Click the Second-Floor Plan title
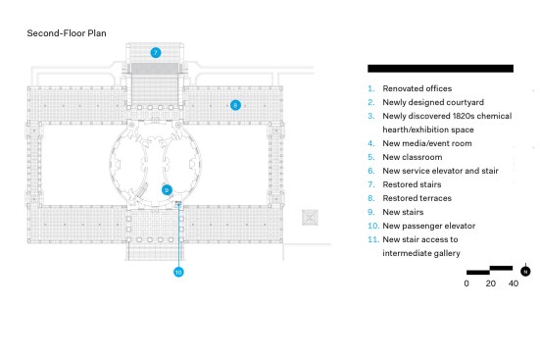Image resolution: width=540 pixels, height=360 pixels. click(x=67, y=33)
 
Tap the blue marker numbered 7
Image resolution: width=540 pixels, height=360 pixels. click(x=156, y=53)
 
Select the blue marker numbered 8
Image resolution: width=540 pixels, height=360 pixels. click(x=235, y=105)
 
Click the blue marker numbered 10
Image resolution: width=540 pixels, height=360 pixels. click(x=178, y=272)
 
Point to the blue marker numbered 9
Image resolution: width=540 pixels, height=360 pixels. click(x=167, y=190)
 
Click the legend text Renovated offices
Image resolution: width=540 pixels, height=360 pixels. click(x=417, y=88)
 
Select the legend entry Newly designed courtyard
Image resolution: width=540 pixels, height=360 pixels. click(x=433, y=102)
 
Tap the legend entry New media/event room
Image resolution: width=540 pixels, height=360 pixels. click(x=427, y=143)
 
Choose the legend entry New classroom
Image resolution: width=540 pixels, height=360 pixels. click(x=413, y=157)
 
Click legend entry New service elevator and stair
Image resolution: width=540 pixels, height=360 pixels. click(x=440, y=171)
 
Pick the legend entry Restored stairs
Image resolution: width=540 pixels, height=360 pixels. click(x=412, y=184)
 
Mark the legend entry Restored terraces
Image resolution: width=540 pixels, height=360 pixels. click(x=417, y=198)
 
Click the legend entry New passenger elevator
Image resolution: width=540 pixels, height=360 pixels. click(x=428, y=226)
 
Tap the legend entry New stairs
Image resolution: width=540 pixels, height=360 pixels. click(x=403, y=212)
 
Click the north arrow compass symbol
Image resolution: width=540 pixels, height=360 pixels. click(x=525, y=271)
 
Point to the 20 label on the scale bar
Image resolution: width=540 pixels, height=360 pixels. click(x=491, y=283)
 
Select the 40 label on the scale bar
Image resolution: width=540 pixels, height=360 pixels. click(x=514, y=283)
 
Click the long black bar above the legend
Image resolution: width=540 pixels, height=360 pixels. click(x=440, y=69)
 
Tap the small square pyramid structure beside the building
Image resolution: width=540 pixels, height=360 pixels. click(x=310, y=218)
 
